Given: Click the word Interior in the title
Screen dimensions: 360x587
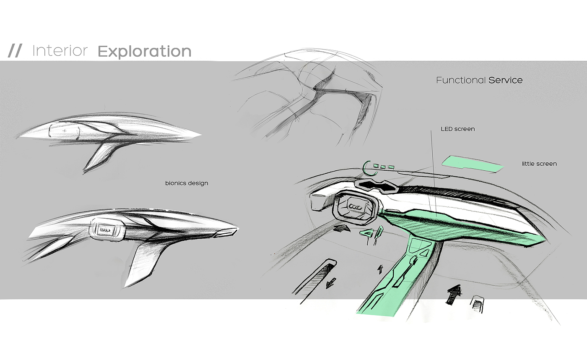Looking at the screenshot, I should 60,51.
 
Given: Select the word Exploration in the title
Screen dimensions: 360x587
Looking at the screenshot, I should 144,52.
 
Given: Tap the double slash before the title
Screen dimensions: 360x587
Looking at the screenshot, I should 15,51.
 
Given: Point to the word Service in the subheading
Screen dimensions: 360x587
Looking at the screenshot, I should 506,80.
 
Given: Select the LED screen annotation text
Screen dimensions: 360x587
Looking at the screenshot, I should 457,129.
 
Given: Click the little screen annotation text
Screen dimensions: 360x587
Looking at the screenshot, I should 539,164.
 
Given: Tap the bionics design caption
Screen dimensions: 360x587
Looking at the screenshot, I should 187,183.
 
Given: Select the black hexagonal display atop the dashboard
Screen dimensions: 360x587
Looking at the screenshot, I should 375,185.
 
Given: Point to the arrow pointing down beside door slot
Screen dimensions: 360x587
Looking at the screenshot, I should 331,283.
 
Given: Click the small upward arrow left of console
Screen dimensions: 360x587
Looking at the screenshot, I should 381,269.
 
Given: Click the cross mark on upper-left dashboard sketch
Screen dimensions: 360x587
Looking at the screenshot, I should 65,131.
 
